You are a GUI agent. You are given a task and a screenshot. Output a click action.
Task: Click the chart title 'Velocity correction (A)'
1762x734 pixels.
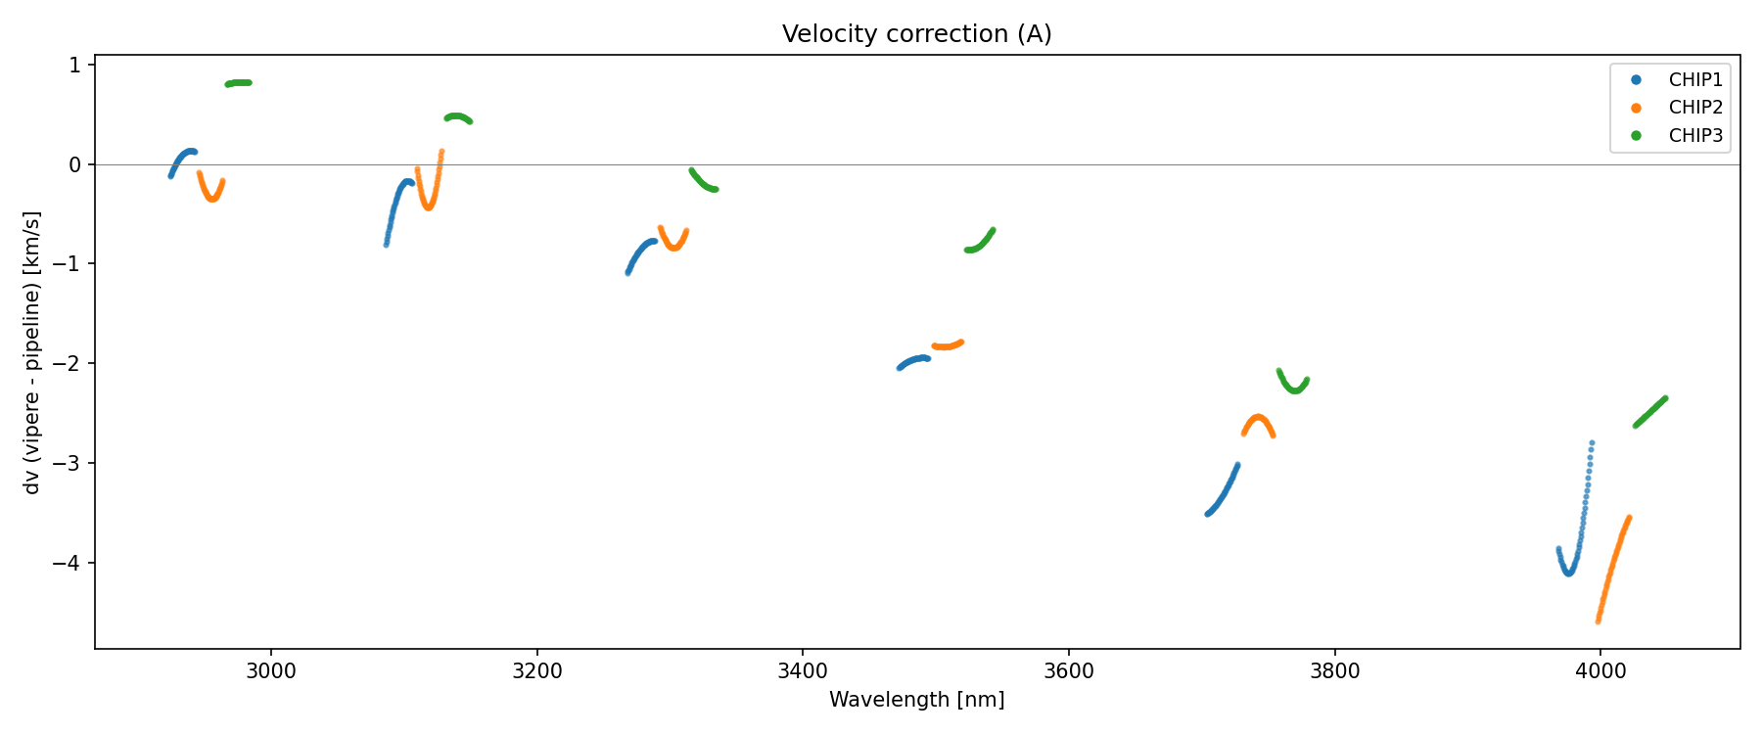click(x=916, y=34)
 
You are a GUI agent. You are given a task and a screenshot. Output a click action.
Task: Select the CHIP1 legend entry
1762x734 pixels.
click(x=1694, y=80)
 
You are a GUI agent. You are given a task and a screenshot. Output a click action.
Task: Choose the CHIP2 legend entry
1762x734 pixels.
click(x=1694, y=108)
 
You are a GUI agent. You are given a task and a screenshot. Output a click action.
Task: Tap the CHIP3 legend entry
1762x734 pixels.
click(x=1694, y=136)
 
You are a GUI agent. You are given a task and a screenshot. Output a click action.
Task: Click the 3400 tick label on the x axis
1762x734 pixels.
click(x=803, y=671)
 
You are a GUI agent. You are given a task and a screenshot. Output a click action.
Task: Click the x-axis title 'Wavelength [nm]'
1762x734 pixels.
click(x=916, y=700)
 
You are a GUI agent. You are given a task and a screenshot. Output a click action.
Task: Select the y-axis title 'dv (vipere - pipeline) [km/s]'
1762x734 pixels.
click(x=32, y=352)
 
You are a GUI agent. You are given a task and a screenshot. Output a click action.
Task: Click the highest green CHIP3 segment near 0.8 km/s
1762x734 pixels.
click(x=239, y=83)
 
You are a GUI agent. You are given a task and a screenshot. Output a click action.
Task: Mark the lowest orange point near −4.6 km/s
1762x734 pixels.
click(x=1598, y=620)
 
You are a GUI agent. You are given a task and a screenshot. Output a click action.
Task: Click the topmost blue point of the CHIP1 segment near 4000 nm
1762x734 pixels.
click(x=1592, y=443)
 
